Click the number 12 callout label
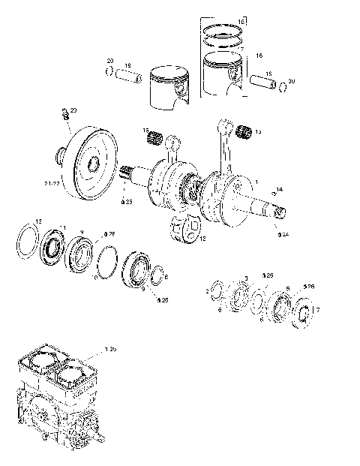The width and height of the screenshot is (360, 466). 38,221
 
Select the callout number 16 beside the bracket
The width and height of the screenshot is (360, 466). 259,56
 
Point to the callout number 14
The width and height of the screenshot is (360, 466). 280,188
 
